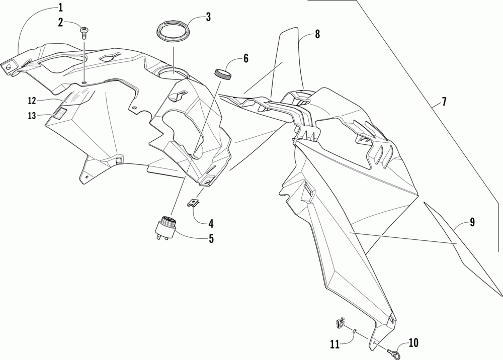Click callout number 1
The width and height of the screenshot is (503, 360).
coord(60,7)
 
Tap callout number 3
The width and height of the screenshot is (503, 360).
coord(208,17)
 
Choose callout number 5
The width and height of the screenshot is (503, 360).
coord(211,238)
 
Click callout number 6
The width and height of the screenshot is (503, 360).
coord(245,58)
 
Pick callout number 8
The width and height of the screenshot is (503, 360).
coord(317,34)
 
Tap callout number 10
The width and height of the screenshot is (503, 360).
coord(413,343)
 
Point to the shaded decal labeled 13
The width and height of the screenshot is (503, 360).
coord(60,113)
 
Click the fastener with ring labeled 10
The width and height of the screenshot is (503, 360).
coord(397,347)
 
